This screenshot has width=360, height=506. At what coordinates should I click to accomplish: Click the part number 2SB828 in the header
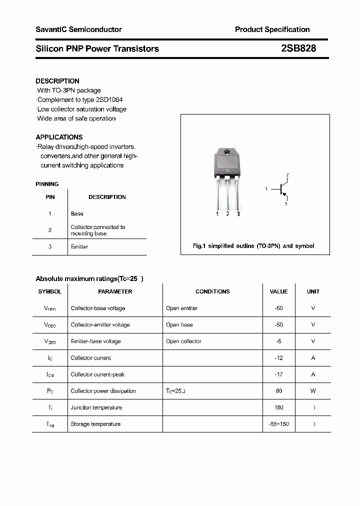pos(298,48)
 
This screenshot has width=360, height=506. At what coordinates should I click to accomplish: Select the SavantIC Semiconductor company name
pos(78,29)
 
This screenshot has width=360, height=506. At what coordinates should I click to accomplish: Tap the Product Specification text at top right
pos(272,29)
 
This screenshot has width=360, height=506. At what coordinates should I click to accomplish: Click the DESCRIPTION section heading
pos(57,81)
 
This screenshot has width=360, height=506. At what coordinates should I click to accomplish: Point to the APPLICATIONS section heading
pos(59,137)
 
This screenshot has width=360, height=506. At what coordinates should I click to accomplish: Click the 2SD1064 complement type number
pos(107,99)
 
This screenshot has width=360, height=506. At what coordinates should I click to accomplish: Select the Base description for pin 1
pos(77,213)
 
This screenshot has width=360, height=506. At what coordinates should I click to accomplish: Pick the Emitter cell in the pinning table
pos(79,246)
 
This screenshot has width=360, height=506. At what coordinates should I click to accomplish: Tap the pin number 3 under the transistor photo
pos(238,214)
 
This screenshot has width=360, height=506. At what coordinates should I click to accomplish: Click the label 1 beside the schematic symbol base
pos(267,189)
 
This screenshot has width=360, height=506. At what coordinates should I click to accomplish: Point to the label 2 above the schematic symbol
pos(287,174)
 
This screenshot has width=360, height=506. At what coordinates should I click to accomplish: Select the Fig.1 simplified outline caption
pos(253,246)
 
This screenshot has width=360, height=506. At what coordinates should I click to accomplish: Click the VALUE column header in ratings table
pos(278,291)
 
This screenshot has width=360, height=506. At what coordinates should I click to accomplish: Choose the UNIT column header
pos(313,291)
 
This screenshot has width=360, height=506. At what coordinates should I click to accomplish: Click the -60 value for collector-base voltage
pos(278,308)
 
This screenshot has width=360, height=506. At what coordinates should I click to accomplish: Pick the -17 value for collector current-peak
pos(278,374)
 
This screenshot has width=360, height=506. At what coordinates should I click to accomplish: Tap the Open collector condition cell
pos(183,341)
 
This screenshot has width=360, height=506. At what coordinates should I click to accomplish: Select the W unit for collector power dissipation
pos(313,391)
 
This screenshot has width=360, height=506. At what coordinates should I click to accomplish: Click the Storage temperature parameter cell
pos(95,424)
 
